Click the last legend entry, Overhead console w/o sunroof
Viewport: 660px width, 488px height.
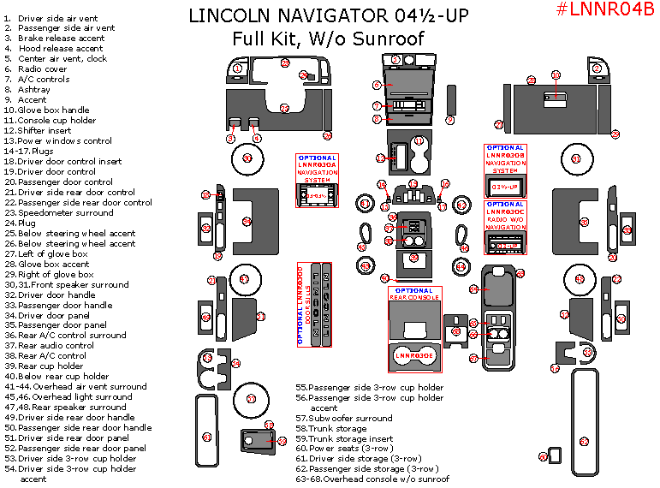pyautogui.click(x=372, y=479)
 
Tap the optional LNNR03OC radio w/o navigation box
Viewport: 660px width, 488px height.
pyautogui.click(x=510, y=227)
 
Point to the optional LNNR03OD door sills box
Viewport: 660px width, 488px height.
pyautogui.click(x=313, y=304)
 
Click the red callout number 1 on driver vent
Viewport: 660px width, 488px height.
pyautogui.click(x=237, y=68)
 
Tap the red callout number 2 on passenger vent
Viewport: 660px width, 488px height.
pyautogui.click(x=598, y=68)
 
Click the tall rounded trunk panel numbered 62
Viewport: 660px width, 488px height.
pyautogui.click(x=584, y=417)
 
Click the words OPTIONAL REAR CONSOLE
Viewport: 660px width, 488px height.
pyautogui.click(x=414, y=294)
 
